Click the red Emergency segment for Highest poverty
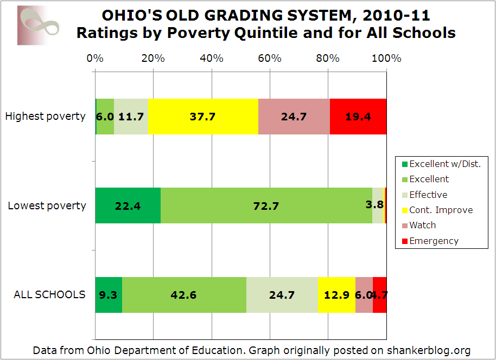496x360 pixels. [x=358, y=116]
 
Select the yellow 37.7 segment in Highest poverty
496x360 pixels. [x=203, y=116]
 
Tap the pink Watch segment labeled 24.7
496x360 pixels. [x=294, y=116]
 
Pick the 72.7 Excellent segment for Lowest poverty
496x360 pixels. [x=266, y=205]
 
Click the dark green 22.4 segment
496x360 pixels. [x=128, y=205]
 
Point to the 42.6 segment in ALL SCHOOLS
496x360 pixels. [x=184, y=295]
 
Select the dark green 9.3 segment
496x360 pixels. [x=109, y=295]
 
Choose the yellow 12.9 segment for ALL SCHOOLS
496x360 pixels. [x=336, y=295]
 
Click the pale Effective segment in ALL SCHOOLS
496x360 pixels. [x=282, y=295]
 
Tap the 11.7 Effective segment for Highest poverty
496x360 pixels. [x=131, y=116]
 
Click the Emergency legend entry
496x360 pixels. [x=434, y=241]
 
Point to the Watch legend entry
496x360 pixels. [x=422, y=225]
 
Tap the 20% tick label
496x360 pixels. [x=153, y=58]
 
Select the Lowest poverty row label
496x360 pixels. [x=47, y=205]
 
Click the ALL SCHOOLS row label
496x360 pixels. [x=49, y=294]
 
